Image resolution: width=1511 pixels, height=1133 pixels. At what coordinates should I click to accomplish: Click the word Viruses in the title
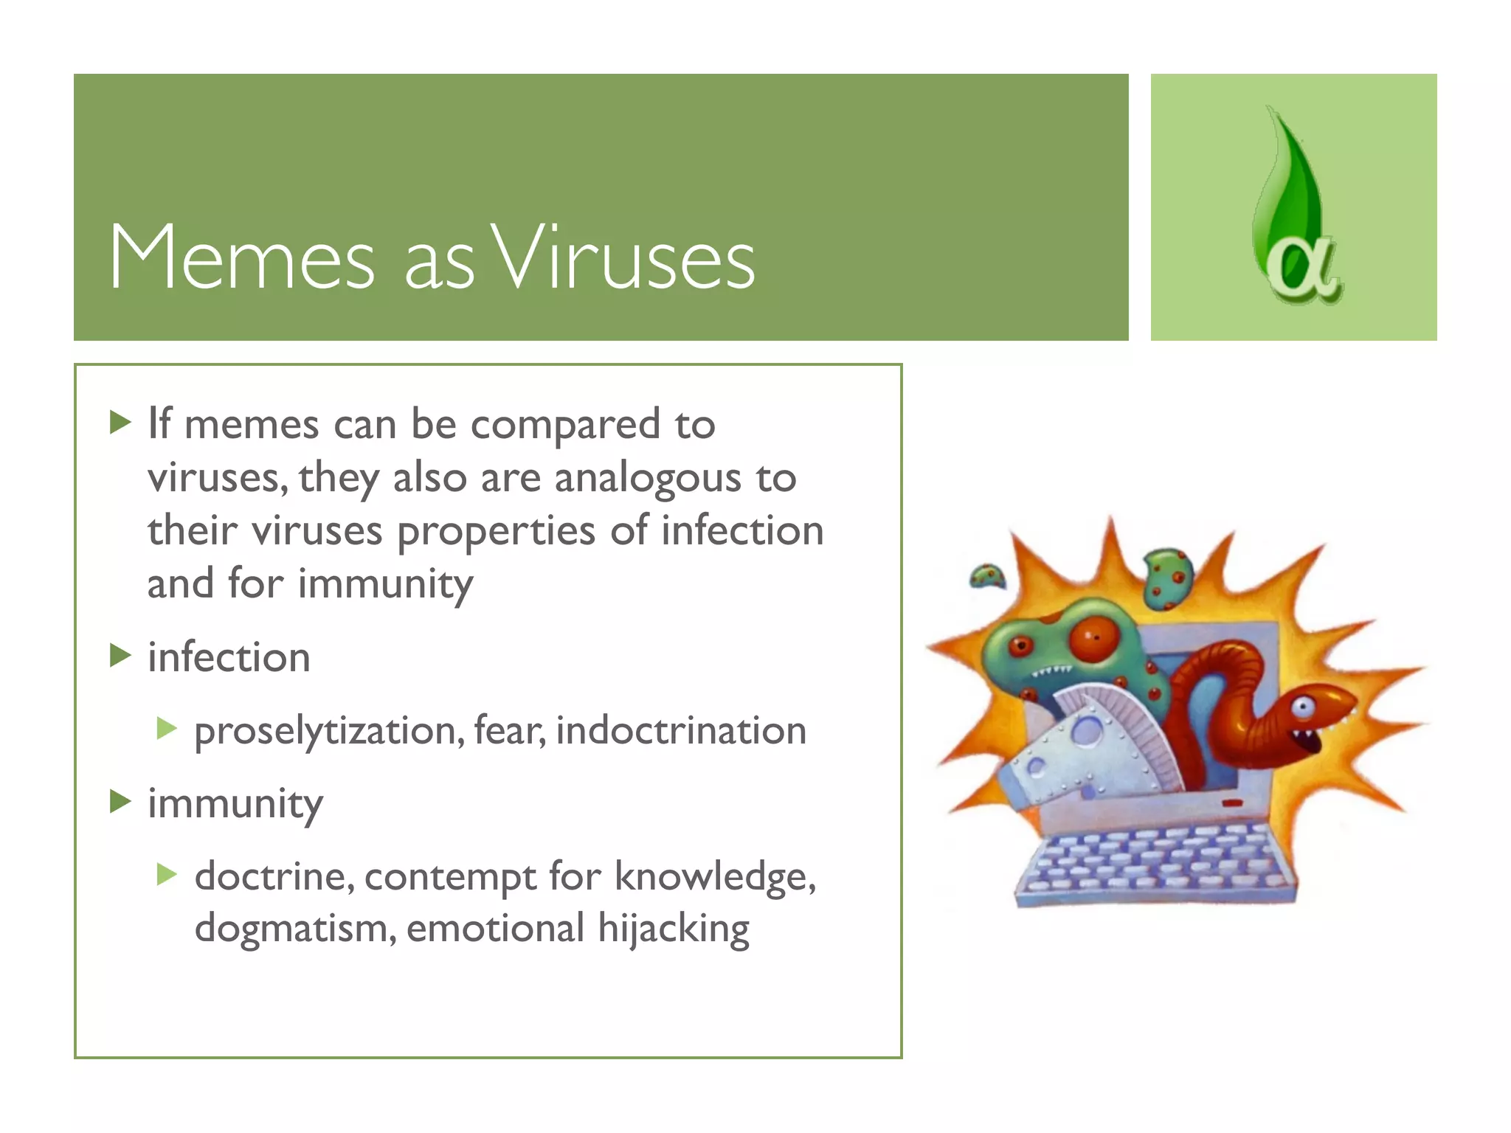coord(623,258)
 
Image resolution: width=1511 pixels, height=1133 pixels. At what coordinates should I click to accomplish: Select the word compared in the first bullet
coord(564,426)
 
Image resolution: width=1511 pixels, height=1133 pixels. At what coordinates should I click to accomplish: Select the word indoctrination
coord(680,730)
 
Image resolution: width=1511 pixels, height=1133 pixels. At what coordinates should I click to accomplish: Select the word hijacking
coord(673,929)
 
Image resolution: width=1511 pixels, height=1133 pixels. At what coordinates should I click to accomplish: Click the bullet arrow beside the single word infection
coord(120,655)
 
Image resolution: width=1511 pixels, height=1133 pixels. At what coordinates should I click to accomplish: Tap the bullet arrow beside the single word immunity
coord(120,801)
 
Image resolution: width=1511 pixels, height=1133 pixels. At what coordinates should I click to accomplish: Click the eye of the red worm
coord(1302,707)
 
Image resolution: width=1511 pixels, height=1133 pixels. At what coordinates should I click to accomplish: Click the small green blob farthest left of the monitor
coord(986,576)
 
